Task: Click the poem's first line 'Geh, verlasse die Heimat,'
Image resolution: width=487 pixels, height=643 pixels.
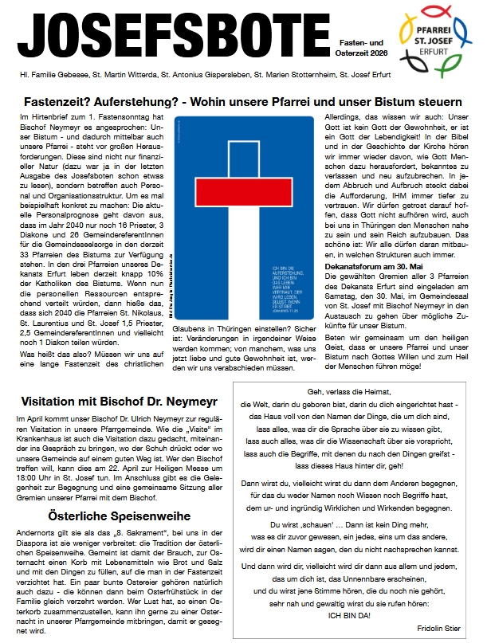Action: point(352,392)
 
